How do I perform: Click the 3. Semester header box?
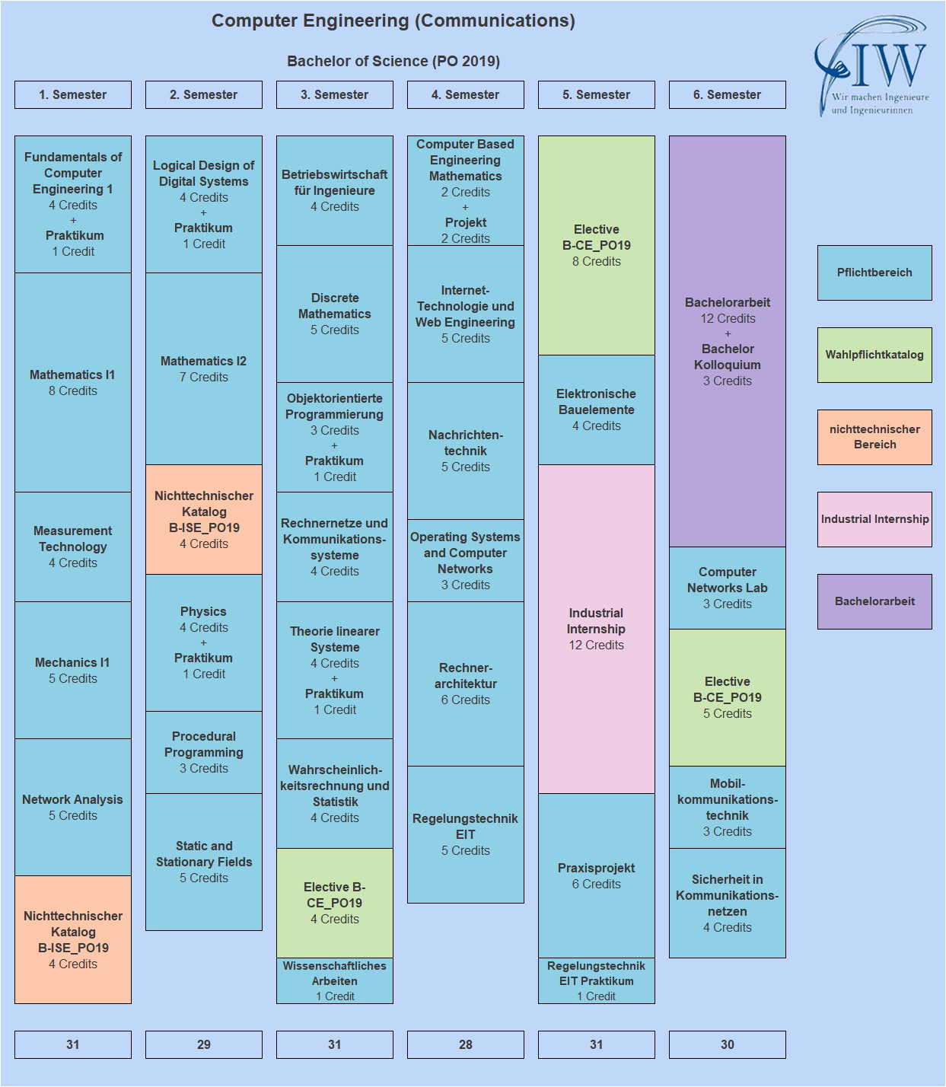point(335,94)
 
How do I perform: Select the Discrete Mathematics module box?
point(335,314)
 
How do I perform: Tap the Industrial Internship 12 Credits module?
point(597,629)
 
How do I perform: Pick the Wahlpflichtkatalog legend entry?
point(874,355)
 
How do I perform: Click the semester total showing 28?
point(466,1044)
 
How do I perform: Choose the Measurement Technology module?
point(73,547)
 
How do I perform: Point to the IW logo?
point(872,66)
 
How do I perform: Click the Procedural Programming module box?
point(204,752)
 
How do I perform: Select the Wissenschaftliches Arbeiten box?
point(335,980)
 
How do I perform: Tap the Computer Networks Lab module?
point(728,588)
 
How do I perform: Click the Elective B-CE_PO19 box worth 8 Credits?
point(597,245)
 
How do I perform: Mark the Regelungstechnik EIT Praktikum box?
point(597,980)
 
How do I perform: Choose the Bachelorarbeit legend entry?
point(874,601)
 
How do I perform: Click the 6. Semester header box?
point(728,94)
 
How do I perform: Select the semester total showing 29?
point(204,1044)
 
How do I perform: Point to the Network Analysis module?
point(73,807)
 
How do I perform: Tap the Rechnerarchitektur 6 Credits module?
point(466,684)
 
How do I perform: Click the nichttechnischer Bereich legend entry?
point(874,437)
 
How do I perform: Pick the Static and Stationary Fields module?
point(204,862)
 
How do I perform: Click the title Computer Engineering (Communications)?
point(393,21)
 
